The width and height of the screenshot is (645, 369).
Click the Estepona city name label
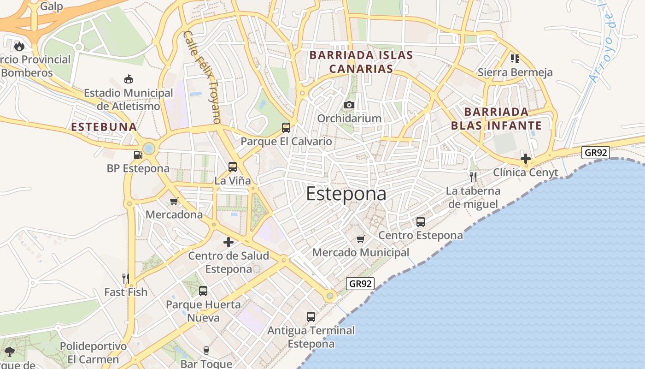[346, 194]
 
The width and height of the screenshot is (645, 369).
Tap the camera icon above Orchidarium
[349, 105]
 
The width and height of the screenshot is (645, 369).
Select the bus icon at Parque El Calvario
[286, 128]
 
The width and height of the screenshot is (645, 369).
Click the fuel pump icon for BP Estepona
[138, 155]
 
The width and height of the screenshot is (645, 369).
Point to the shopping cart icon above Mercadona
[174, 201]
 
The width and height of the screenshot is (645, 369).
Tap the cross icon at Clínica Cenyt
[526, 159]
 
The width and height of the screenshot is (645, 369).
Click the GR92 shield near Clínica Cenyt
[596, 152]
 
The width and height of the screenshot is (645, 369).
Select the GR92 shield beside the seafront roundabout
[360, 284]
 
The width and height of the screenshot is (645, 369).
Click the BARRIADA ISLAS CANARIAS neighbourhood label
[361, 62]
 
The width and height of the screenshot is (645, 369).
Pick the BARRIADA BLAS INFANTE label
[496, 119]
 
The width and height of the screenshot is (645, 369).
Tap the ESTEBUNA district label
[104, 127]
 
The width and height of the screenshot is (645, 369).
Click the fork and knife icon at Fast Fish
[126, 278]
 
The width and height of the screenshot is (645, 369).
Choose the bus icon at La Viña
[233, 167]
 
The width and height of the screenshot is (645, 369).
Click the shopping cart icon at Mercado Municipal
[361, 239]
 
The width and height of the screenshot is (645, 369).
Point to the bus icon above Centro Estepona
[421, 222]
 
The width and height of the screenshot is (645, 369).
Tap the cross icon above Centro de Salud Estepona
[229, 242]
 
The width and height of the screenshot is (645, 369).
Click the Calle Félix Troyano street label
[202, 77]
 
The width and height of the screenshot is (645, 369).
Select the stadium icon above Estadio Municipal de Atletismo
[129, 79]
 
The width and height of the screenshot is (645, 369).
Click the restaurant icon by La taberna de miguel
[473, 177]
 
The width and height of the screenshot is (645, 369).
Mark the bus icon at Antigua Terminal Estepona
[311, 317]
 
